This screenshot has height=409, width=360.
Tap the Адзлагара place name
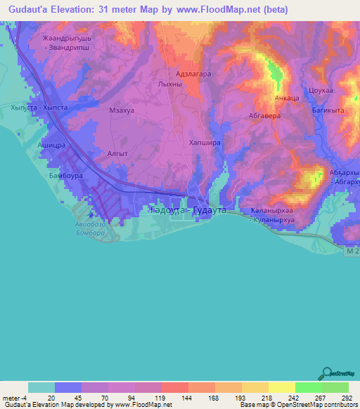pyautogui.click(x=193, y=73)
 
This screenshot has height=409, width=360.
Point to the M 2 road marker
pyautogui.click(x=352, y=250)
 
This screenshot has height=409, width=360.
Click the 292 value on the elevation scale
pyautogui.click(x=346, y=397)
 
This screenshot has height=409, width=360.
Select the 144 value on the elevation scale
pyautogui.click(x=186, y=397)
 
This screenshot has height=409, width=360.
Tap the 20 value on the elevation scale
pyautogui.click(x=51, y=397)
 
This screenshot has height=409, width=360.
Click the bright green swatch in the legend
pyautogui.click(x=308, y=387)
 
